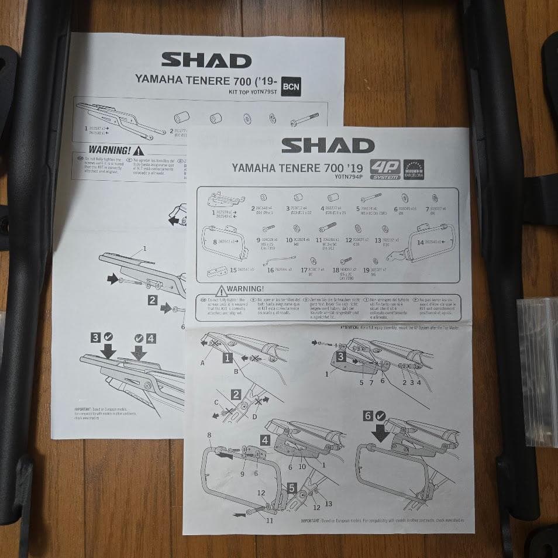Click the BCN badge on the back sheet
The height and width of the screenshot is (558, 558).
coord(291,87)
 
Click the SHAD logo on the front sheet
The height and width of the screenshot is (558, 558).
coord(328,146)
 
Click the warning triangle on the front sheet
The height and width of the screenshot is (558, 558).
coord(221,290)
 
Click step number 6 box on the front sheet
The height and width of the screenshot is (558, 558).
coord(368,416)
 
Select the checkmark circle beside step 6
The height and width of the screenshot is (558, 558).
coord(381,416)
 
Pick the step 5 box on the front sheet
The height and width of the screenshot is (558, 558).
coord(292,487)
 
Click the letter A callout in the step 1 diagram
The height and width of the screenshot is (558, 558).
coord(203,362)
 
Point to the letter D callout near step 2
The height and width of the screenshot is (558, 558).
coord(255,416)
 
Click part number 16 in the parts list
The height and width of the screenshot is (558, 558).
coord(270,270)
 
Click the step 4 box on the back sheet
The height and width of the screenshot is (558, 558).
coord(151,337)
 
